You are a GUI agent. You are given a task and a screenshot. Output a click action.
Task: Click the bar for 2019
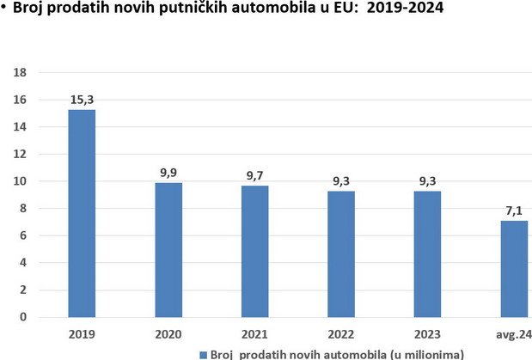point(82,213)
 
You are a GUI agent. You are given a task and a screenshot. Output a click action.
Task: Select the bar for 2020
point(168,250)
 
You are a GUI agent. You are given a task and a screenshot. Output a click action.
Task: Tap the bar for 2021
point(254,252)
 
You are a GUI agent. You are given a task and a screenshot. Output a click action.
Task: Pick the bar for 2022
point(341,254)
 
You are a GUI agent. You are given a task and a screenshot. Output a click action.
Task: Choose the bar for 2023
point(427,254)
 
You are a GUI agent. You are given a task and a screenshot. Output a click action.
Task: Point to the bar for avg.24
point(514,269)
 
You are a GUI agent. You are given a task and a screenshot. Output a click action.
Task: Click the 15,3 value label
point(82,100)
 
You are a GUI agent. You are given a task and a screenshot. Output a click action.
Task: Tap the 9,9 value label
point(168,173)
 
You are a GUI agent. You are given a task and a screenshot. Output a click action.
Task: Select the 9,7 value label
point(254,175)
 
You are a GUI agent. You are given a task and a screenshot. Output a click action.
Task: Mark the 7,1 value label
point(514,211)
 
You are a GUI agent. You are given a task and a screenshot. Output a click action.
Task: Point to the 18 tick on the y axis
point(20,72)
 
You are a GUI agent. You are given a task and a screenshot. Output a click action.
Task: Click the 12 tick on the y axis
point(20,154)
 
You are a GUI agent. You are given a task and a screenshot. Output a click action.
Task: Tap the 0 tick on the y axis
point(23,317)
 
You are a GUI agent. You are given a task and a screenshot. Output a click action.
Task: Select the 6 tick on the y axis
point(23,235)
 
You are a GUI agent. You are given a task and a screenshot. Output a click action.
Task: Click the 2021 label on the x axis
point(254,334)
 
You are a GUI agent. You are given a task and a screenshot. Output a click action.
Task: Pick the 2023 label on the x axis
point(427,334)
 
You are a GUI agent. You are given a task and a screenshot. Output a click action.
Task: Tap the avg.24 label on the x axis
point(514,335)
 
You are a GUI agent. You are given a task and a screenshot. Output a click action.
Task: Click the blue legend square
point(203,355)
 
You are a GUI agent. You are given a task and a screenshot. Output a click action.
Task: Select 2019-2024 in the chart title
point(405,8)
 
